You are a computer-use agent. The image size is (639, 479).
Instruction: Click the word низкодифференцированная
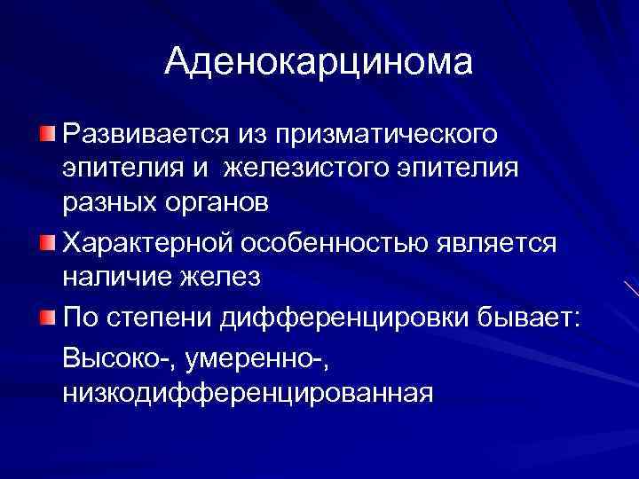(x=248, y=391)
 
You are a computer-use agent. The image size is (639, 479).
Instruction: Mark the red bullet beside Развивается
(x=46, y=134)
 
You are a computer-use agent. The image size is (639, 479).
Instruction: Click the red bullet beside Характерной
(x=46, y=240)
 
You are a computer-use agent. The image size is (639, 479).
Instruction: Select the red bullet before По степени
(x=46, y=315)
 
